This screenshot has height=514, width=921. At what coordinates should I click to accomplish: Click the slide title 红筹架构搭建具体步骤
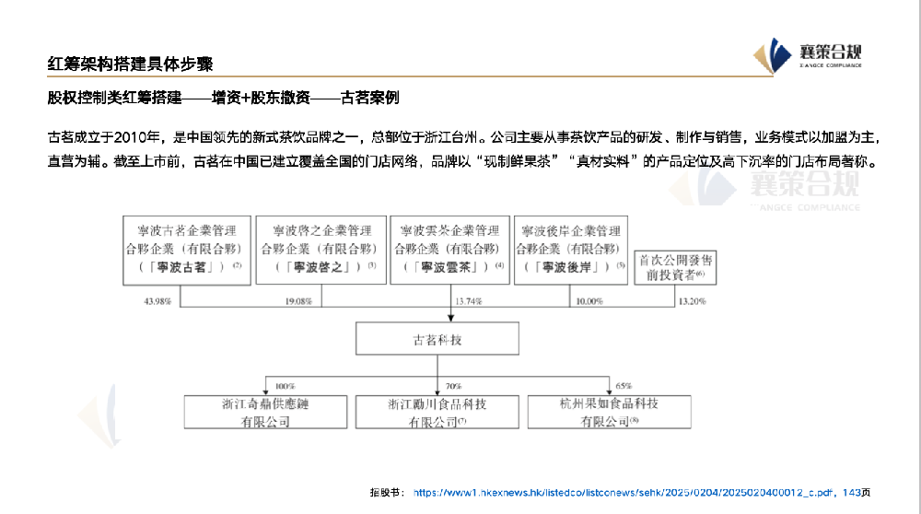click(131, 64)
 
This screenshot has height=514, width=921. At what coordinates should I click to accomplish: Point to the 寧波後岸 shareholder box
click(571, 249)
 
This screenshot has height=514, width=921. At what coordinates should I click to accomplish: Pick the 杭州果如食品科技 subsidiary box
click(609, 411)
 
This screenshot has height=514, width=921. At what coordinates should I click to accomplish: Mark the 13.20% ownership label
click(694, 301)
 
